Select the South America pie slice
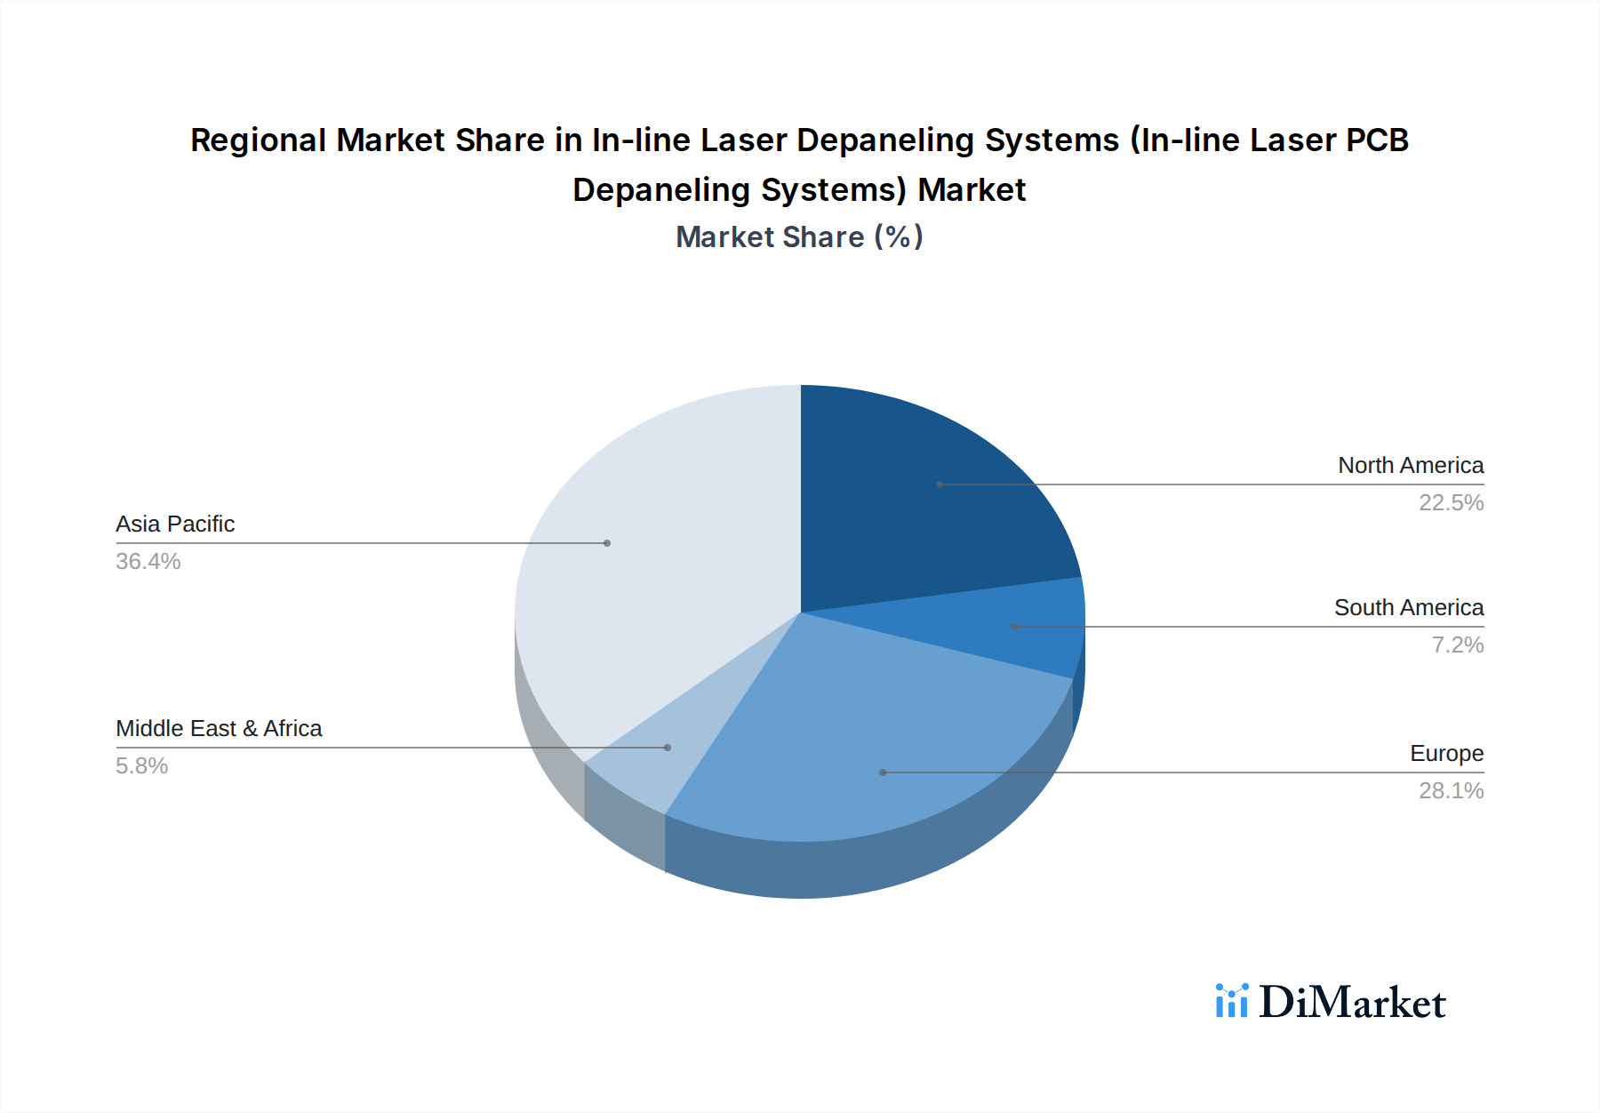(x=1022, y=627)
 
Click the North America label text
(x=1411, y=465)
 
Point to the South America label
(x=1409, y=607)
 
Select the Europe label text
(x=1446, y=753)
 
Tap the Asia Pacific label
(x=175, y=524)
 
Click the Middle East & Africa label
(x=219, y=728)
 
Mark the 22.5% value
(x=1451, y=502)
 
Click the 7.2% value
(x=1457, y=645)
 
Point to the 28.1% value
(x=1451, y=790)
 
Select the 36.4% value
(x=148, y=561)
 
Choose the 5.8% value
(x=142, y=765)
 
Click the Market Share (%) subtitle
(x=799, y=236)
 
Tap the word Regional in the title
(x=258, y=140)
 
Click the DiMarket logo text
(x=1352, y=1002)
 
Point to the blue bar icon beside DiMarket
(x=1232, y=1001)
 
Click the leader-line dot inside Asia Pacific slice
(x=607, y=543)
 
